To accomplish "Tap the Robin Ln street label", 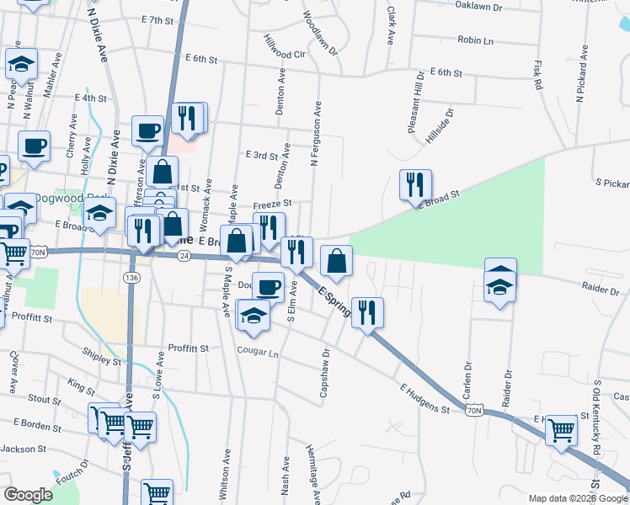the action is coord(476,40).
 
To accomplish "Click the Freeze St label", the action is coord(272,204).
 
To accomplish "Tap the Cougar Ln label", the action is coord(257,353).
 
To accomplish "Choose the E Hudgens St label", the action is coord(425,398).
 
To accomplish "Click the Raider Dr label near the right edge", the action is coord(601,287).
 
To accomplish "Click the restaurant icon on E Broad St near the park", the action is coord(414,185).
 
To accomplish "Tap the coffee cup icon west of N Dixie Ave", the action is coord(35,146).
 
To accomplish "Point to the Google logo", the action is coord(28,495).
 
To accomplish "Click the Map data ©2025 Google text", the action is coord(576,497).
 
